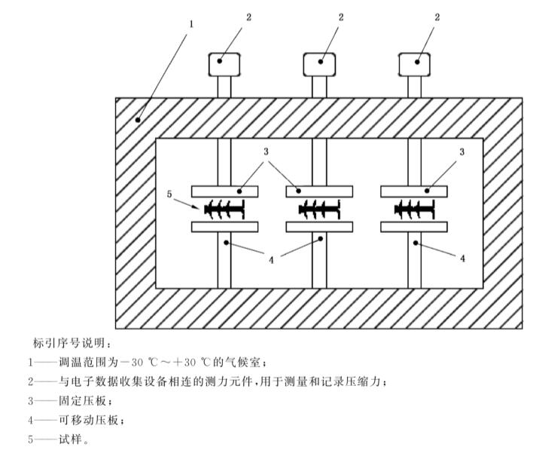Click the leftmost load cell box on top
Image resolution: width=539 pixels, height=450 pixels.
tap(224, 66)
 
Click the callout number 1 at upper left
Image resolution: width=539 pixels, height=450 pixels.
tap(192, 24)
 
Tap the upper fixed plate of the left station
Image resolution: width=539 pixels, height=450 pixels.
tap(224, 189)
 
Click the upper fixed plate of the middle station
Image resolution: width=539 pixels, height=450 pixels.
tap(320, 189)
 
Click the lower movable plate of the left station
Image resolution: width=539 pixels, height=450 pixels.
tap(224, 226)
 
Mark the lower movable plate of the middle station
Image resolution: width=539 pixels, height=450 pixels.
tap(320, 226)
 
